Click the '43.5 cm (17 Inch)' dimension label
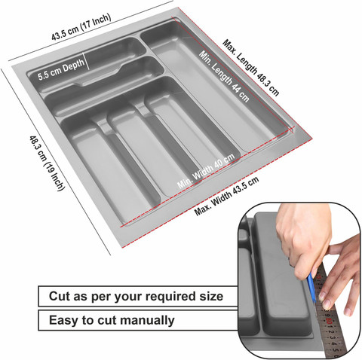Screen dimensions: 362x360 tap(81, 27)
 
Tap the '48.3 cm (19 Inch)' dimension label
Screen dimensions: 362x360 tap(48, 163)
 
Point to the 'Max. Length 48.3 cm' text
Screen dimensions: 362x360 tap(251, 68)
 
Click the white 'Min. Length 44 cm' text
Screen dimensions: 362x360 tap(224, 76)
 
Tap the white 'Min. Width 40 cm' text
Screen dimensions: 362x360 tap(206, 171)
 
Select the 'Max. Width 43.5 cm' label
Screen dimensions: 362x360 tap(226, 196)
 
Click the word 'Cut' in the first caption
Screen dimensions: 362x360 tap(60, 296)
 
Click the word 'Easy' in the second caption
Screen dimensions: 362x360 tap(63, 321)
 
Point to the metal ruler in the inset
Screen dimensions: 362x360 tap(330, 312)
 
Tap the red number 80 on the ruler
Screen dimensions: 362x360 tap(329, 321)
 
